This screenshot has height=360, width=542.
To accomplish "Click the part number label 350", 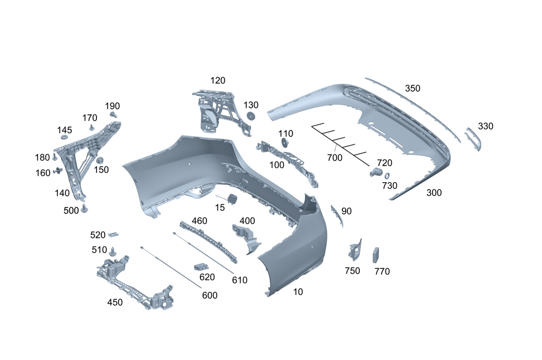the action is click(412, 88).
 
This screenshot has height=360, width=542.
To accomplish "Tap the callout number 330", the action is click(486, 126).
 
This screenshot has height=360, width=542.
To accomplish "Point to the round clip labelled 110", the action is click(284, 143).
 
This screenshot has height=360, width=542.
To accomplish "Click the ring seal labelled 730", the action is click(387, 175).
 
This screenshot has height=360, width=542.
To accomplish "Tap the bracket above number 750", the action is click(356, 249).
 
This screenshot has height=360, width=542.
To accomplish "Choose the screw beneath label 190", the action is click(113, 115).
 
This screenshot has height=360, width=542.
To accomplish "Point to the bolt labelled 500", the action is click(85, 209).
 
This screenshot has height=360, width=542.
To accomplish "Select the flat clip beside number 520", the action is click(113, 234).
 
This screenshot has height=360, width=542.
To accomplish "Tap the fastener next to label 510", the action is click(113, 251).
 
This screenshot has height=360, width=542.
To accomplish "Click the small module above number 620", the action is click(201, 267).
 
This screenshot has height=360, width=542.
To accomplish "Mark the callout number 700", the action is click(335, 158).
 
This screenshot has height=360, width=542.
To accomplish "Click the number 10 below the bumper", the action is click(298, 292).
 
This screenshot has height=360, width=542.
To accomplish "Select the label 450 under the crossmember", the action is click(115, 302).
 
